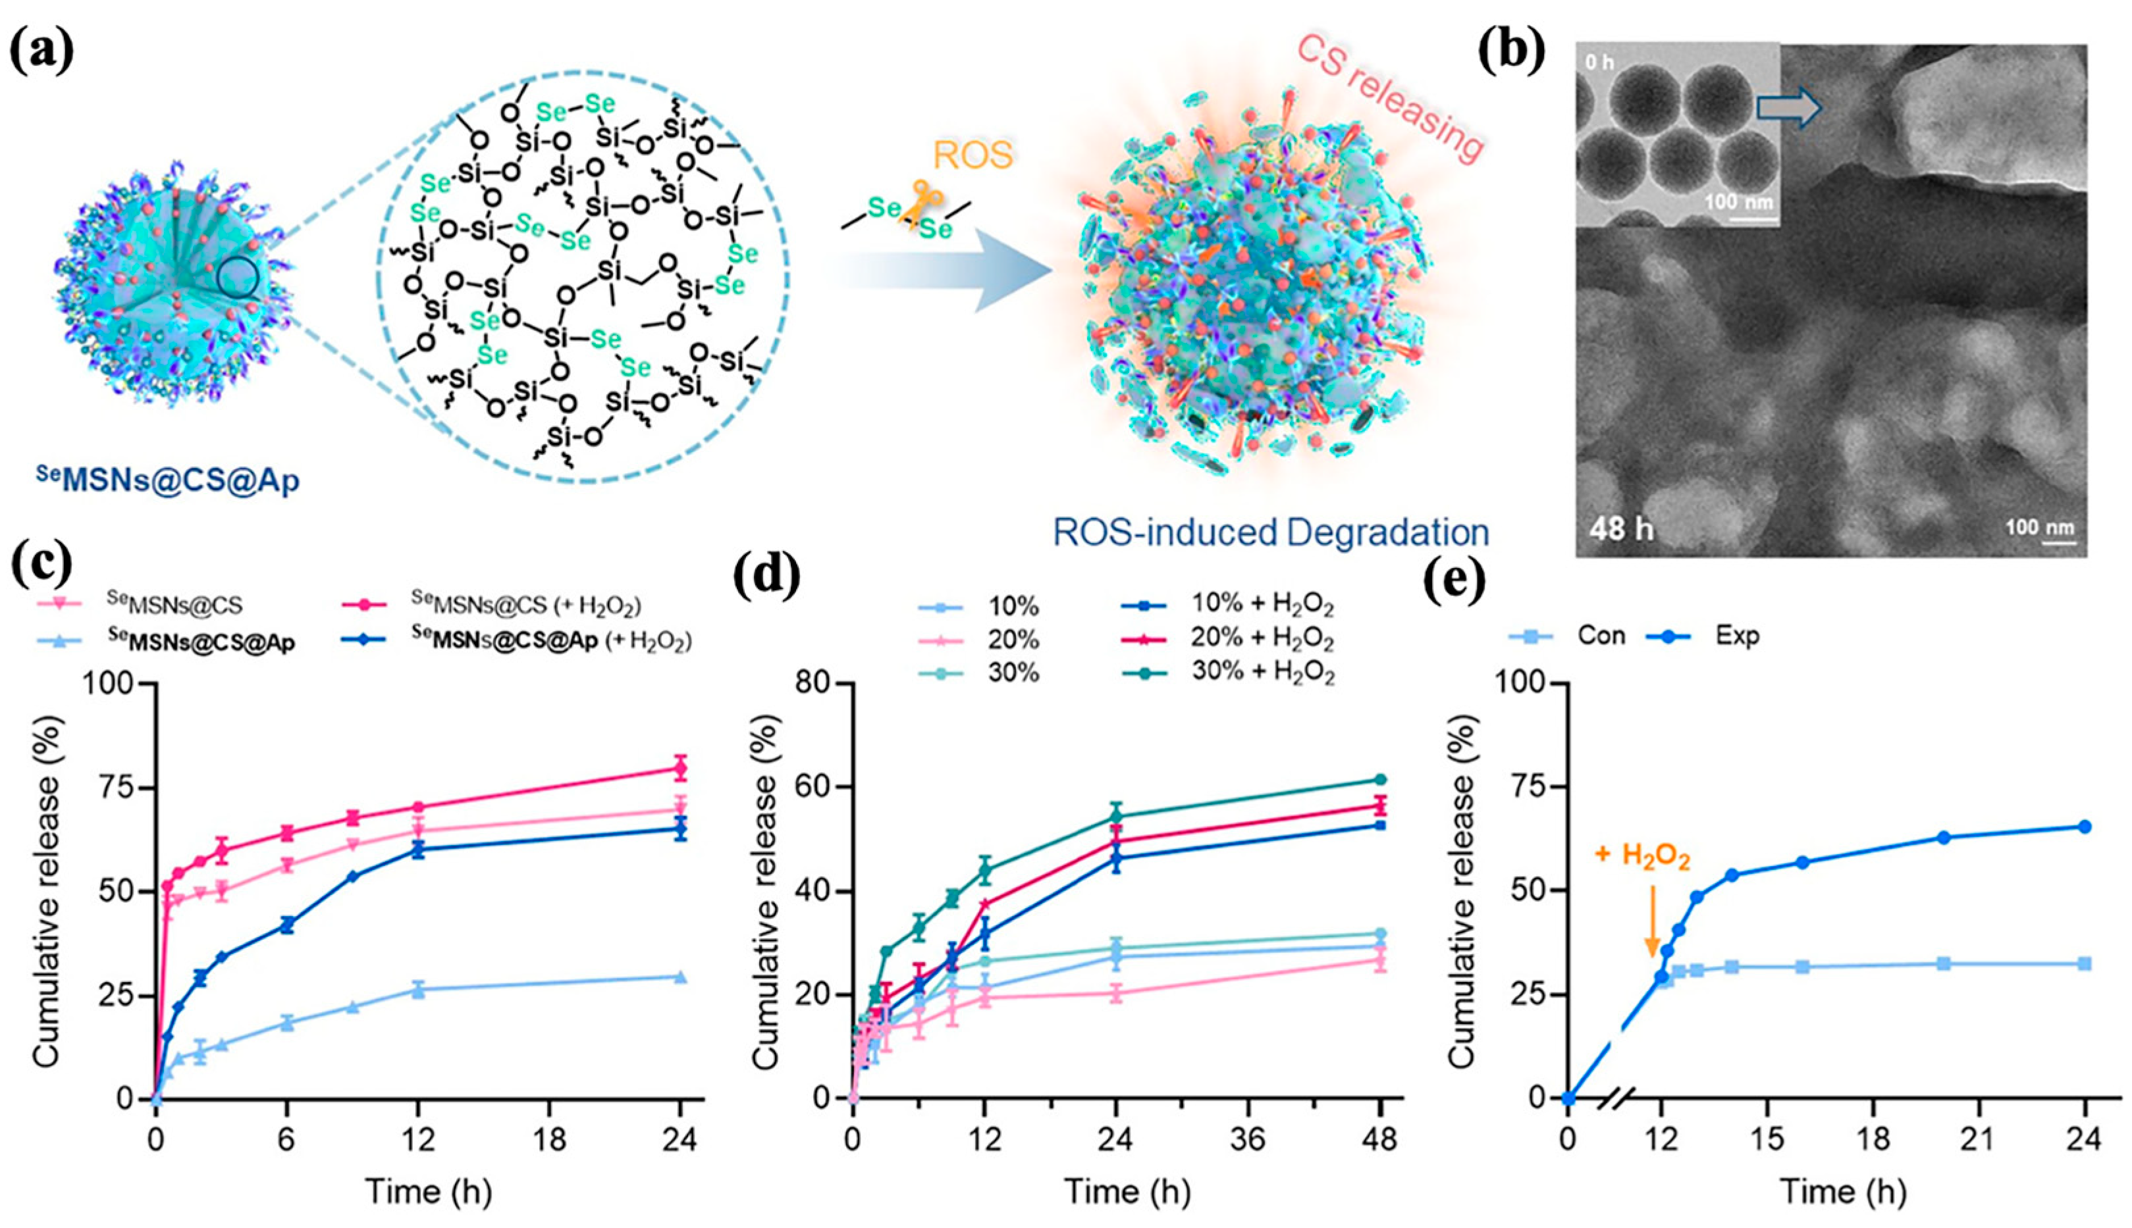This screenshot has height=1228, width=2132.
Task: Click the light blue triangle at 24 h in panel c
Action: pyautogui.click(x=681, y=977)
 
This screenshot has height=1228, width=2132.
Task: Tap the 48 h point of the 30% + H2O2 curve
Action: pyautogui.click(x=1380, y=779)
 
